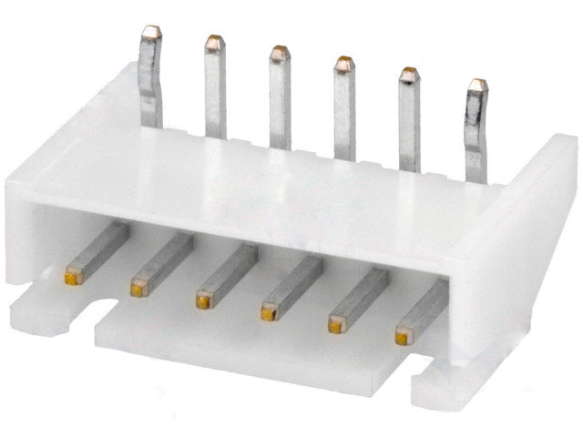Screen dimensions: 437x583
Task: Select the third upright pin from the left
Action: [280, 100]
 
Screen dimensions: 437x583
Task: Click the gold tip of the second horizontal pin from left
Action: [138, 289]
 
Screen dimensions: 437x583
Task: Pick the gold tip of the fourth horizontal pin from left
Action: [268, 312]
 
